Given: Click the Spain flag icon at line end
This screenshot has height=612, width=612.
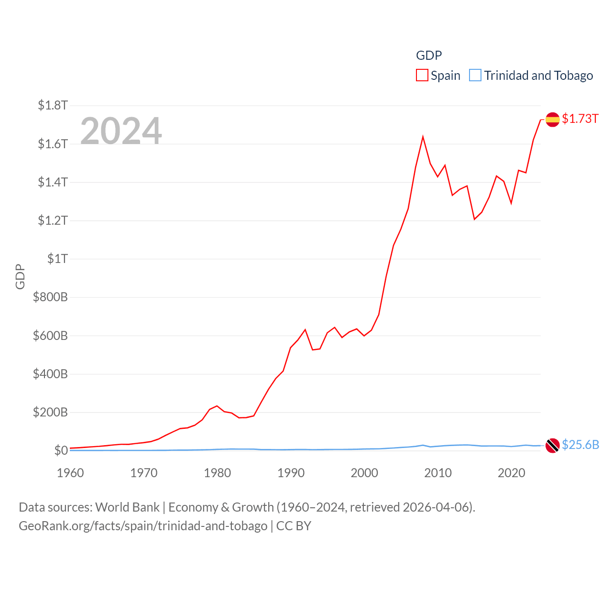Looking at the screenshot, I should click(x=552, y=120).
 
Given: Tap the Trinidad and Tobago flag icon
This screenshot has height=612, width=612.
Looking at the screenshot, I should click(x=552, y=446).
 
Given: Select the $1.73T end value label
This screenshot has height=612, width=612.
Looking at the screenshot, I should click(x=580, y=119).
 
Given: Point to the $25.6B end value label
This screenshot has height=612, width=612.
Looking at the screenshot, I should click(x=580, y=445).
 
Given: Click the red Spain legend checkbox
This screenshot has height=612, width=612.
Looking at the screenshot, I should click(x=422, y=76).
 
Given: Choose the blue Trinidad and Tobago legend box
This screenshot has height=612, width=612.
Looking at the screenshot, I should click(x=475, y=76).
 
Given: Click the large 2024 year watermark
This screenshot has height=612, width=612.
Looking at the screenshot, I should click(x=121, y=131).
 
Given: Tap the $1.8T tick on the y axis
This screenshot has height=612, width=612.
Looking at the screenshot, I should click(x=53, y=105).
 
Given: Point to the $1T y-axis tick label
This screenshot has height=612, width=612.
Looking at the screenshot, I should click(x=57, y=259).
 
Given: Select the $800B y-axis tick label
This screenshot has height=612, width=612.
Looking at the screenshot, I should click(x=50, y=297).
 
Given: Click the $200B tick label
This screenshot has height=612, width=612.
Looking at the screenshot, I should click(x=50, y=412).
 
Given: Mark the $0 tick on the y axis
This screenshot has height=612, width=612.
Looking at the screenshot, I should click(x=61, y=450).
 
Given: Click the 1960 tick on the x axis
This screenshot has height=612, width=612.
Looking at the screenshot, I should click(x=70, y=473).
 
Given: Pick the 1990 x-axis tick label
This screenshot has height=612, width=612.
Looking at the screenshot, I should click(x=291, y=473).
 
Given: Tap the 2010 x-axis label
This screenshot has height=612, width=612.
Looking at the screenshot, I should click(x=438, y=473).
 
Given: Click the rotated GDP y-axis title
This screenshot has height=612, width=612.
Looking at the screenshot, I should click(x=20, y=276).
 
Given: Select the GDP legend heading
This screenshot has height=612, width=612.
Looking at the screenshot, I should click(x=429, y=55).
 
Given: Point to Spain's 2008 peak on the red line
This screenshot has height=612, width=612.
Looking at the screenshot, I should click(x=423, y=137).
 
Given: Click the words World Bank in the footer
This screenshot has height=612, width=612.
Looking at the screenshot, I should click(x=127, y=507).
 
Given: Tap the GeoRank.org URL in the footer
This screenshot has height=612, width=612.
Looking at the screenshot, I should click(x=143, y=526).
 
